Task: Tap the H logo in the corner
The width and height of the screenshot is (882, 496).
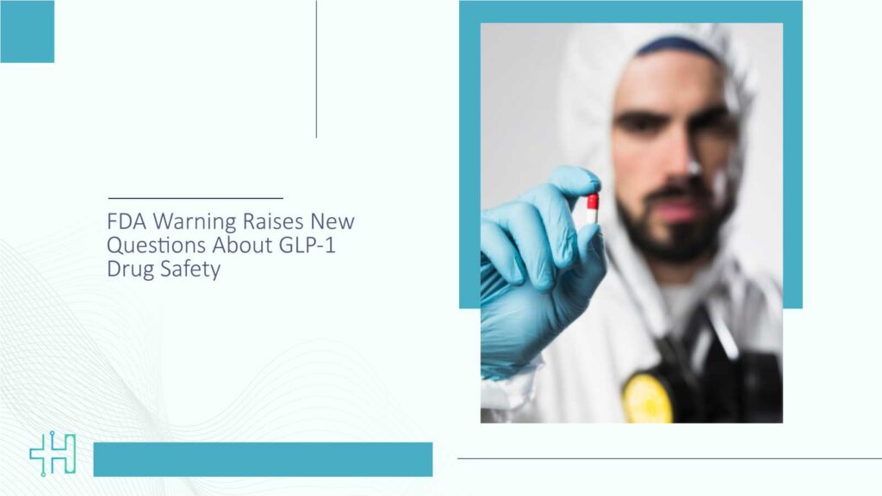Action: point(53,455)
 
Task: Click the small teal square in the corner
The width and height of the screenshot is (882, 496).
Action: point(27,32)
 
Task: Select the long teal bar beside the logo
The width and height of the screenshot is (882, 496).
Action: point(263,459)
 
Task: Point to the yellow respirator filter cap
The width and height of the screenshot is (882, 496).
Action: point(647,398)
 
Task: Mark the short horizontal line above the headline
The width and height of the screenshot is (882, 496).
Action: point(196,198)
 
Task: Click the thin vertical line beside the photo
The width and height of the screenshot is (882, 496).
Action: point(316,69)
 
